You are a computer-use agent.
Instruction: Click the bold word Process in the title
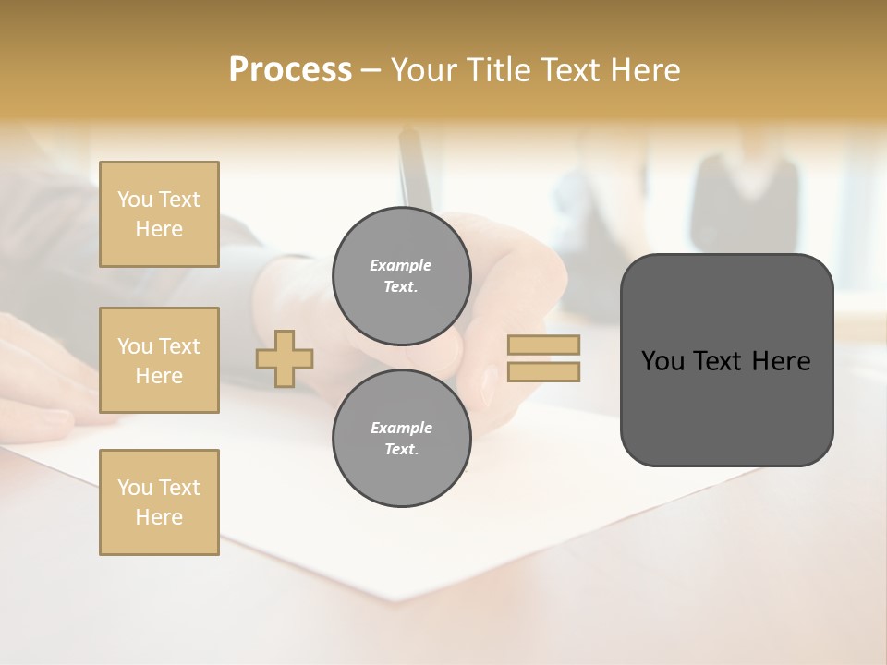pos(290,70)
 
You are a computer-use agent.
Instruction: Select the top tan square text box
pos(159,214)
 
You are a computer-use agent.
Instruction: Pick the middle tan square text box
pos(159,360)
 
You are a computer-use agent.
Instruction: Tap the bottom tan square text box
pos(159,502)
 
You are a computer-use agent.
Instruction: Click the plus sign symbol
pos(285,358)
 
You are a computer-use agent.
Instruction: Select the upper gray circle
pos(402,276)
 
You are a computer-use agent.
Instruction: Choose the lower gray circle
pos(402,439)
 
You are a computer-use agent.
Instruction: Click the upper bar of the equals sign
pos(543,345)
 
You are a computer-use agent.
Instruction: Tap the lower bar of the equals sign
pos(543,371)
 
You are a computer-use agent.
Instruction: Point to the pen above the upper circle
pos(414,171)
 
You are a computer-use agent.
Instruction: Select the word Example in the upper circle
pos(400,265)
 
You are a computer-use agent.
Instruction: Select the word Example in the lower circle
pos(401,428)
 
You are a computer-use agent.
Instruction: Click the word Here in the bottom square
pos(159,517)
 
